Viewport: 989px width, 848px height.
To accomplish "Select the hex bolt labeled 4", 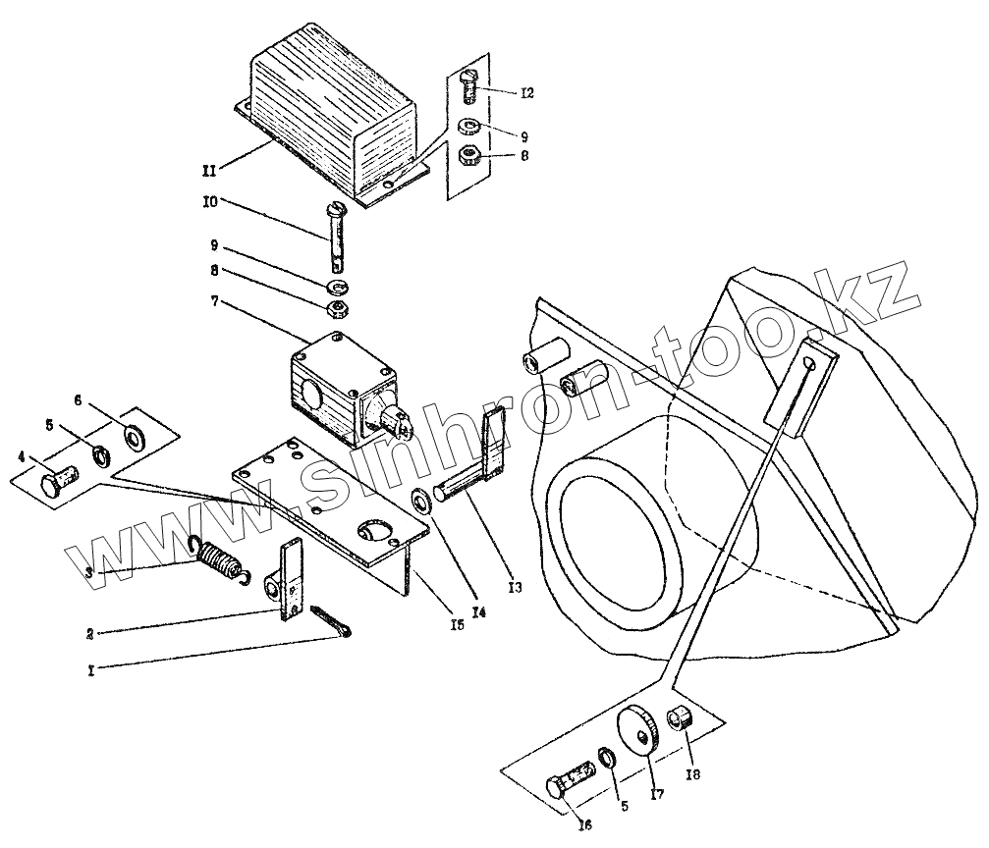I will [60, 484].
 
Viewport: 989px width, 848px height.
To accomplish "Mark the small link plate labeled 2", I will [291, 585].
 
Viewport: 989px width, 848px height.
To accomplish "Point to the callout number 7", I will [214, 303].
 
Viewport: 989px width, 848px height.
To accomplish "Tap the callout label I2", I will [526, 93].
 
